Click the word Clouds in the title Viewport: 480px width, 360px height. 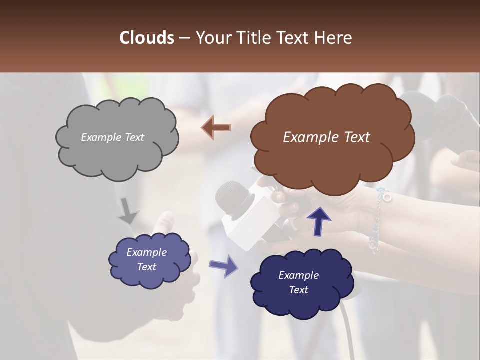[146, 38]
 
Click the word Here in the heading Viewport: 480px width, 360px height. [334, 38]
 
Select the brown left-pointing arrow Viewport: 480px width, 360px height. [216, 127]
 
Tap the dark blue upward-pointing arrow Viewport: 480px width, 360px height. [318, 219]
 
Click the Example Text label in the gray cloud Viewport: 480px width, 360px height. [112, 137]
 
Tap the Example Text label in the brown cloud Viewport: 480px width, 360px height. [326, 137]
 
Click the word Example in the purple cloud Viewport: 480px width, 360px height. [146, 252]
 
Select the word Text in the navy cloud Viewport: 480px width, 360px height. [298, 290]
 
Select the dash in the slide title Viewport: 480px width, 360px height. [184, 38]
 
